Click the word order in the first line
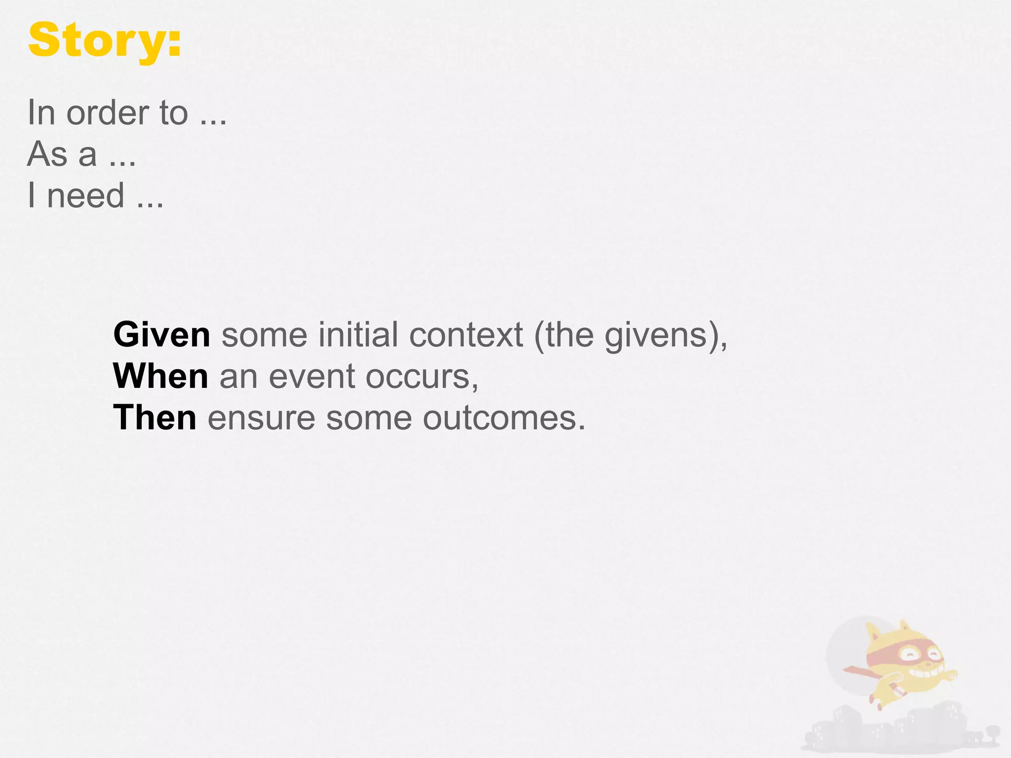[108, 113]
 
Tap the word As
[47, 154]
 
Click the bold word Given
[162, 335]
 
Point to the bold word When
[161, 377]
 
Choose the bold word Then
[155, 418]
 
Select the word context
[466, 335]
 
